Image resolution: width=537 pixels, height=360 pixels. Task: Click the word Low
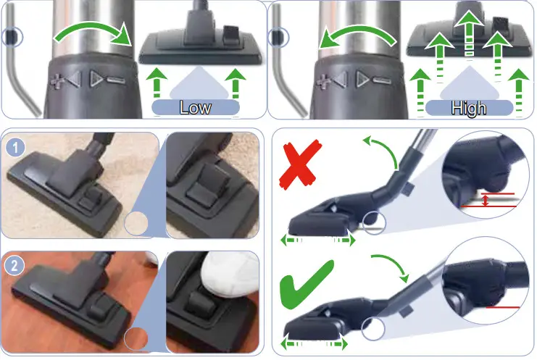click(196, 107)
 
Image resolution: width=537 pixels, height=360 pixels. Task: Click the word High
click(468, 108)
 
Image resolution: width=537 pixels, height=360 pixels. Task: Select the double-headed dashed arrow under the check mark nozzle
click(313, 343)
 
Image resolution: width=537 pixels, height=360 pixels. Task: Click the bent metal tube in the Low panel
click(22, 80)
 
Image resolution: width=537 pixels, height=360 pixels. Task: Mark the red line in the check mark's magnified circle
click(503, 307)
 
